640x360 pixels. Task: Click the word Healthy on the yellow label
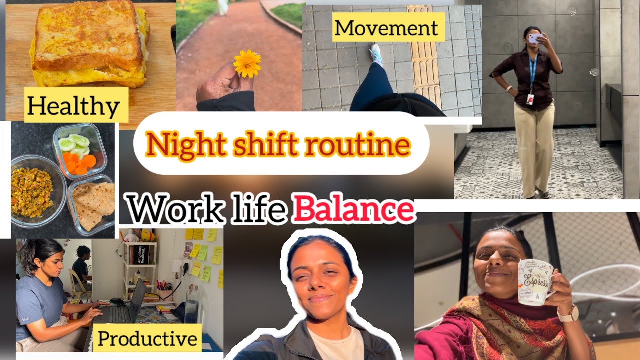[73, 106]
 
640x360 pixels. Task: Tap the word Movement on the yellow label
[386, 27]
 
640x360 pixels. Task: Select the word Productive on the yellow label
[147, 339]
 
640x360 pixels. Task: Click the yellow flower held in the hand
[247, 64]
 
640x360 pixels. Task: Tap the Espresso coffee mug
[535, 282]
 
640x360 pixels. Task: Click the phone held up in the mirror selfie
[535, 38]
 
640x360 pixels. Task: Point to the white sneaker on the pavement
[376, 54]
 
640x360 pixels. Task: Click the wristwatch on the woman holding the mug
[568, 314]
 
